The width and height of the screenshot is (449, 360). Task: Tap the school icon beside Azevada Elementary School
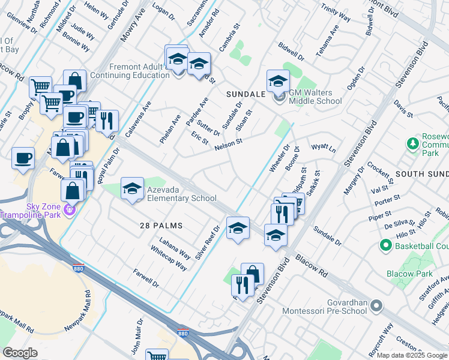point(132,189)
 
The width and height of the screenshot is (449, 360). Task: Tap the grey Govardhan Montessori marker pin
point(376,306)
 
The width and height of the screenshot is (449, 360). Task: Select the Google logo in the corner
point(20,353)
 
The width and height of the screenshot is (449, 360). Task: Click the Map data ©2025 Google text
point(412,355)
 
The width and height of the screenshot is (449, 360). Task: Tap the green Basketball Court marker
point(385,245)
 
